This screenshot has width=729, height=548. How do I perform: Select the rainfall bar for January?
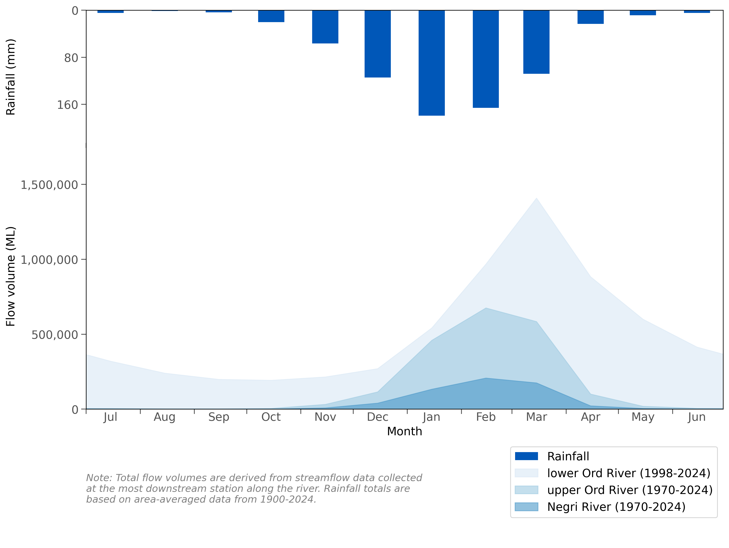click(x=431, y=63)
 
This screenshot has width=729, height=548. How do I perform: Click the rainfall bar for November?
click(x=325, y=27)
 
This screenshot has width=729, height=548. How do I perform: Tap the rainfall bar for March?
click(x=536, y=42)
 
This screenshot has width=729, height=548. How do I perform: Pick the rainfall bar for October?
click(x=271, y=16)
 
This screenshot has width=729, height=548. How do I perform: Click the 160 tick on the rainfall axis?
click(x=68, y=105)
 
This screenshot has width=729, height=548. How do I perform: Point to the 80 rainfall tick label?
click(x=71, y=58)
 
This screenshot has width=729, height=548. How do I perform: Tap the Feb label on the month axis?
click(x=486, y=417)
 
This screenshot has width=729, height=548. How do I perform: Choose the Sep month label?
click(x=218, y=417)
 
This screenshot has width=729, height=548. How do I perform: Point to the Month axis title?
click(x=404, y=431)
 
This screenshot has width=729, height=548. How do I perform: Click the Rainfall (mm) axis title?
click(x=11, y=77)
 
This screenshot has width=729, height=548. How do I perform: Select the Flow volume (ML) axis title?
click(x=11, y=276)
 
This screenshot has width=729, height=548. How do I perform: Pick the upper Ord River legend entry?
click(x=629, y=490)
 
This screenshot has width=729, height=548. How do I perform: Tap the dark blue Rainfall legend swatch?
click(x=526, y=456)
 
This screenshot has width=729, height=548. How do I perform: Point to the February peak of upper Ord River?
click(x=486, y=308)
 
